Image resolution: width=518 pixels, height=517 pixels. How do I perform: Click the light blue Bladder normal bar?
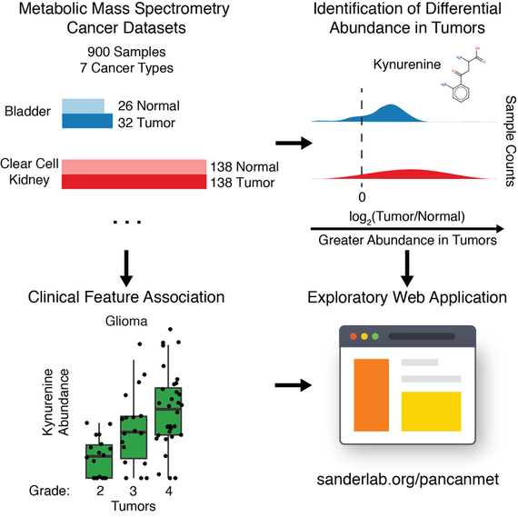pyautogui.click(x=84, y=106)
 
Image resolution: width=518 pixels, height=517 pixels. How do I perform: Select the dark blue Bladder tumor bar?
pyautogui.click(x=87, y=121)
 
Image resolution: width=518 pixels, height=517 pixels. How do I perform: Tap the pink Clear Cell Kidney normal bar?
pyautogui.click(x=134, y=167)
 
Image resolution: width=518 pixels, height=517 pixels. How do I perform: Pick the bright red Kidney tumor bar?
pyautogui.click(x=134, y=182)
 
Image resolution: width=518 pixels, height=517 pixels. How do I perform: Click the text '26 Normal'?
pyautogui.click(x=149, y=106)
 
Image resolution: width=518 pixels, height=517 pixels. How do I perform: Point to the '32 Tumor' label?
pyautogui.click(x=146, y=123)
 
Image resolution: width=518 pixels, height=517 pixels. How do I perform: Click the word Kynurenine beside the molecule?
pyautogui.click(x=407, y=65)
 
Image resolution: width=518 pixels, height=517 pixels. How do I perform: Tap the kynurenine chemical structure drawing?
pyautogui.click(x=463, y=75)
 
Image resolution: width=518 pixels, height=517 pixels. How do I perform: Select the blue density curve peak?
pyautogui.click(x=391, y=105)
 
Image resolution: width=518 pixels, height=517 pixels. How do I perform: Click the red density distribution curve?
pyautogui.click(x=406, y=174)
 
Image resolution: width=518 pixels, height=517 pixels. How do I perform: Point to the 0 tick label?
pyautogui.click(x=362, y=197)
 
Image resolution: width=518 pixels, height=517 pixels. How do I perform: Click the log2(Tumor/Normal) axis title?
pyautogui.click(x=407, y=217)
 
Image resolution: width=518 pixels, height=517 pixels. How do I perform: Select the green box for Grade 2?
pyautogui.click(x=99, y=462)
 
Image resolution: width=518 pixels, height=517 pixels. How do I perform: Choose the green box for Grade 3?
pyautogui.click(x=134, y=437)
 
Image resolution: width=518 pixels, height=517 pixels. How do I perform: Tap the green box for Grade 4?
pyautogui.click(x=168, y=412)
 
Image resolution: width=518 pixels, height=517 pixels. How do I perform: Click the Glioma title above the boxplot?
pyautogui.click(x=126, y=321)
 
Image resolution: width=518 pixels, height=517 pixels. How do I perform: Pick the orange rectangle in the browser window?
pyautogui.click(x=372, y=395)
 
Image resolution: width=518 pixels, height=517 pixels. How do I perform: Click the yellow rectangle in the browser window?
pyautogui.click(x=431, y=412)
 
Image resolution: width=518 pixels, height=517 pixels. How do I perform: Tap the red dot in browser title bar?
pyautogui.click(x=354, y=336)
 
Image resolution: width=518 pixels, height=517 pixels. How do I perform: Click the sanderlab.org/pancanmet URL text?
pyautogui.click(x=408, y=480)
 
